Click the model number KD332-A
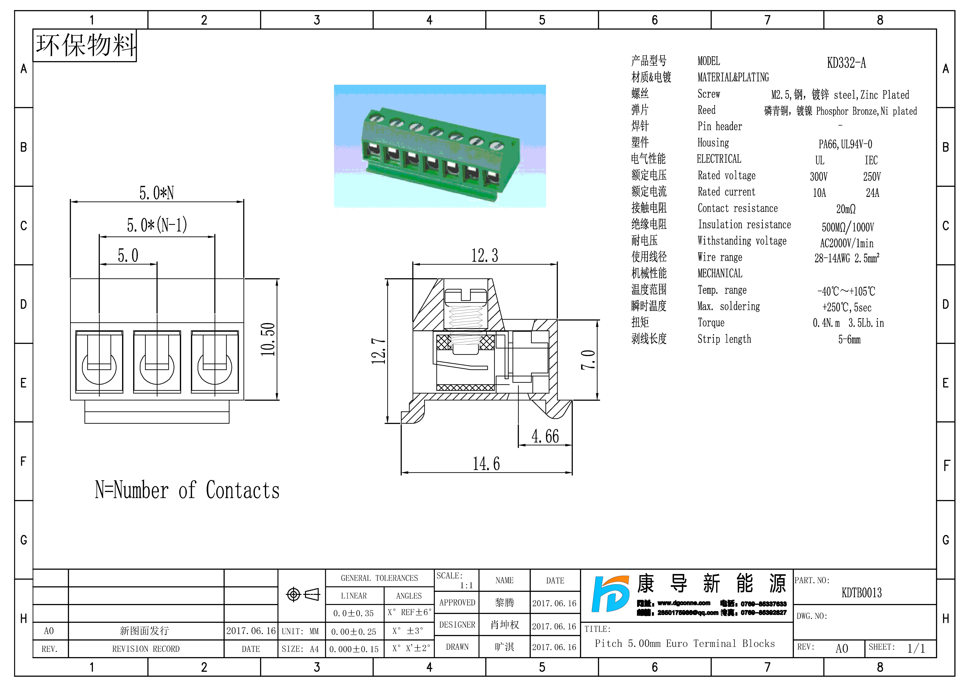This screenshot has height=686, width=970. tap(846, 63)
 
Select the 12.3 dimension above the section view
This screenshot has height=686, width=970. tap(485, 255)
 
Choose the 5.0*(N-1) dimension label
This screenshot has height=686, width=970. tap(157, 225)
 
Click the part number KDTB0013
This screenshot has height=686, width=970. tap(861, 593)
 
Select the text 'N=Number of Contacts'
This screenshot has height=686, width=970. tap(187, 490)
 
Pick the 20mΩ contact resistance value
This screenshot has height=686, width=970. tap(846, 209)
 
